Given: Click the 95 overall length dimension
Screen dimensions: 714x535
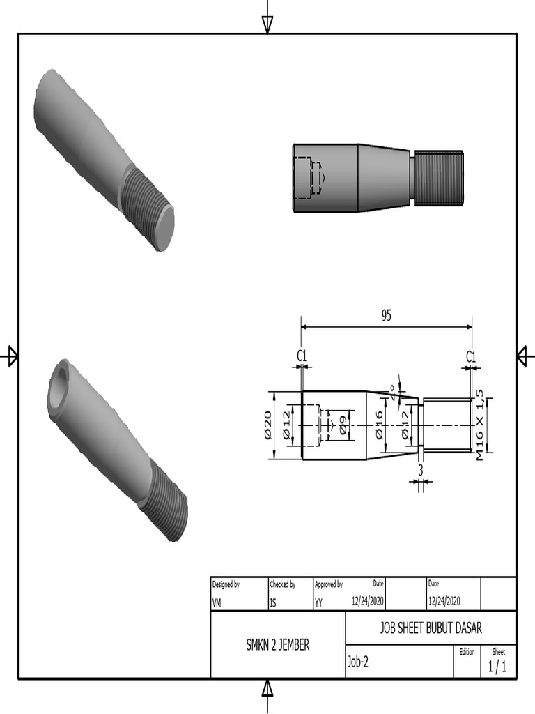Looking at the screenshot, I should pyautogui.click(x=386, y=316).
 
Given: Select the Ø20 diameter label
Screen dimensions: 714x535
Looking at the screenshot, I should pyautogui.click(x=267, y=425).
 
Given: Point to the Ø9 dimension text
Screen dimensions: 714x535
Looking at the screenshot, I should pyautogui.click(x=343, y=425).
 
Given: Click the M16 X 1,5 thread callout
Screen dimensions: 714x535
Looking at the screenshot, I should pyautogui.click(x=481, y=425).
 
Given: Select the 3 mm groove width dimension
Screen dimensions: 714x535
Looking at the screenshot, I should pyautogui.click(x=421, y=470).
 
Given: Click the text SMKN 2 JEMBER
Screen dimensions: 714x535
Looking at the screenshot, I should pyautogui.click(x=278, y=645).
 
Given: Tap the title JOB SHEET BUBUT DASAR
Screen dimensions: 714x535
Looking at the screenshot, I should pyautogui.click(x=431, y=627).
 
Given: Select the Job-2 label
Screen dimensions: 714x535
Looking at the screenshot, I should pyautogui.click(x=357, y=662).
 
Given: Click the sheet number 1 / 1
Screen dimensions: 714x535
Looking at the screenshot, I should pyautogui.click(x=497, y=667).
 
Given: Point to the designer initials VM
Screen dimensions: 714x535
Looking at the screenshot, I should pyautogui.click(x=217, y=604).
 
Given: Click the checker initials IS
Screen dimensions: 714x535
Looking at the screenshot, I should pyautogui.click(x=273, y=604).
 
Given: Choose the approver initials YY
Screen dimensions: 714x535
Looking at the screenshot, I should pyautogui.click(x=318, y=604).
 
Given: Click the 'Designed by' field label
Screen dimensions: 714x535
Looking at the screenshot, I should pyautogui.click(x=226, y=584).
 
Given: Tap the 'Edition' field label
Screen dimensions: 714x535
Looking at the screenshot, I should pyautogui.click(x=467, y=652).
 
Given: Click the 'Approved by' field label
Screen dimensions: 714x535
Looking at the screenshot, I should pyautogui.click(x=328, y=584).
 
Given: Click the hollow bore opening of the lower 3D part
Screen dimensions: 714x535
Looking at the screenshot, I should pyautogui.click(x=59, y=387).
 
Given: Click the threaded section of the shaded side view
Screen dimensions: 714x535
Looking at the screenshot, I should pyautogui.click(x=437, y=178).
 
